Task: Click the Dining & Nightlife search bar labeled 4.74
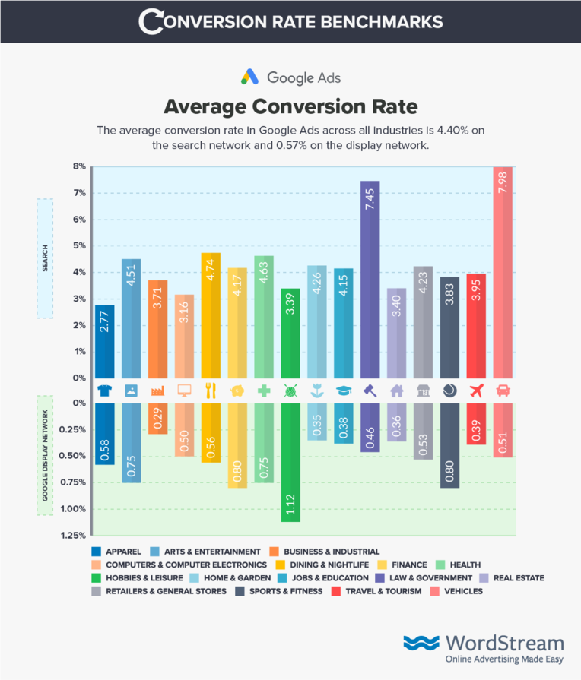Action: coord(211,315)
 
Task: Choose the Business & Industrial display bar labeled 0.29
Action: coord(157,418)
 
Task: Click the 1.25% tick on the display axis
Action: coord(74,536)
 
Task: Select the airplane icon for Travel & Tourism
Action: coord(476,391)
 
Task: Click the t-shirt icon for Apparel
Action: coord(104,391)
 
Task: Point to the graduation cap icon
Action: coord(343,391)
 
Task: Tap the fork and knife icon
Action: coord(211,391)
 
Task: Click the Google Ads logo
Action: coord(290,77)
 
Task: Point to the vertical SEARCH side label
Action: coord(43,258)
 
